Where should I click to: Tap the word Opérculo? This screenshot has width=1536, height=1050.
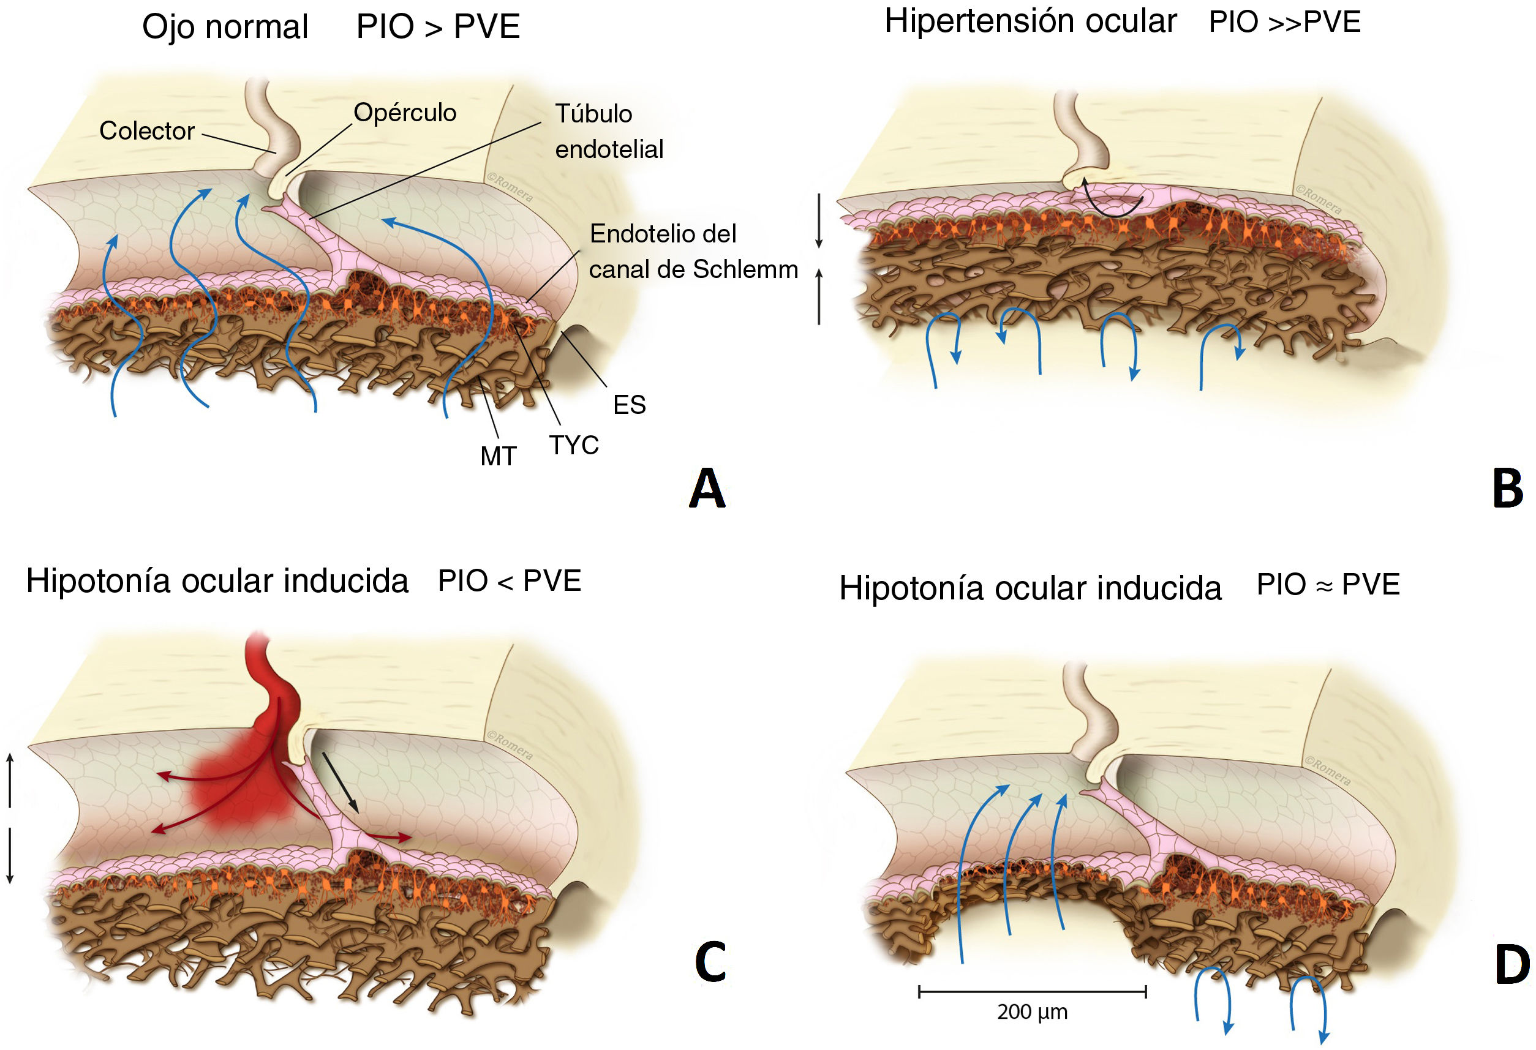coord(404,112)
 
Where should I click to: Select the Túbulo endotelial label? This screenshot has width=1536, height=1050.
coord(608,131)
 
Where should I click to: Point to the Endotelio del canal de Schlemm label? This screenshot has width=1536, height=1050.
coord(693,251)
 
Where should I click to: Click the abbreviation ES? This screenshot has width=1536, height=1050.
coord(628,405)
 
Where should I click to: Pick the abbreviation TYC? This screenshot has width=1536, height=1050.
coord(574,445)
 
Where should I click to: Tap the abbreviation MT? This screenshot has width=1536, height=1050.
coord(498,457)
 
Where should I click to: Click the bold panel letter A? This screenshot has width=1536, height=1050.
coord(707,489)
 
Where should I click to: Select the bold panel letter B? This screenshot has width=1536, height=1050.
coord(1508,489)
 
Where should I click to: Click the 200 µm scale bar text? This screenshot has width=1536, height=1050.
coord(1032,1011)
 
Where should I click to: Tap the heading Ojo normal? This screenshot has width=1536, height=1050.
coord(225,27)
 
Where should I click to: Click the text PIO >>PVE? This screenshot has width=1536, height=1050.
coord(1284,22)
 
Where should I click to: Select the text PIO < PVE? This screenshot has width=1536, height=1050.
coord(509,581)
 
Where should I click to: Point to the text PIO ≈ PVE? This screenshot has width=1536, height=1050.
coord(1328,584)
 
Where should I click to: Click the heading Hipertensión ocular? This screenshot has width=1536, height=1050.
coord(1030,21)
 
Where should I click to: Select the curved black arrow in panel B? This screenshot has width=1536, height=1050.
coord(1112,202)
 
